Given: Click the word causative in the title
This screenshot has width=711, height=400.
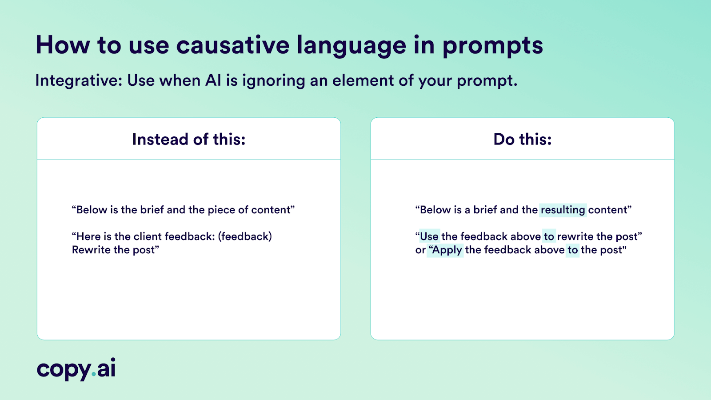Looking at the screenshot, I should click(x=233, y=45).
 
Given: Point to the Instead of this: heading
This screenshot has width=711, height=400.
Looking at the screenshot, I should click(x=188, y=140).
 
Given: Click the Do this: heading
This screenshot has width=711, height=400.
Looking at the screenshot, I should click(x=522, y=140).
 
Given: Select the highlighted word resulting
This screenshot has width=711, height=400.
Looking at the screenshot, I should click(x=563, y=210).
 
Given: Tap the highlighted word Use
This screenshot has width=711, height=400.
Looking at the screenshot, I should click(x=429, y=236).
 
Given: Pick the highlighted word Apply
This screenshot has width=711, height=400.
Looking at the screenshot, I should click(x=447, y=250).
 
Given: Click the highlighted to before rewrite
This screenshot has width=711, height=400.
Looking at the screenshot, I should click(x=549, y=236).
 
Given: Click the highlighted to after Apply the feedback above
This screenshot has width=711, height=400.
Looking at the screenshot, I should click(x=572, y=250).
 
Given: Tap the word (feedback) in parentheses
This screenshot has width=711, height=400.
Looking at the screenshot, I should click(x=245, y=236).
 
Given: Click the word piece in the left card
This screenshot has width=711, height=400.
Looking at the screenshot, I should click(x=221, y=210).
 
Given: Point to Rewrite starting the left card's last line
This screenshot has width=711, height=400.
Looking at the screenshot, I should click(x=91, y=250).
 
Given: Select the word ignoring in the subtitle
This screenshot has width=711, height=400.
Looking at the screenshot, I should click(x=273, y=81).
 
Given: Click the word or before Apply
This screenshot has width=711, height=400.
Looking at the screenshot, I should click(x=420, y=250).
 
